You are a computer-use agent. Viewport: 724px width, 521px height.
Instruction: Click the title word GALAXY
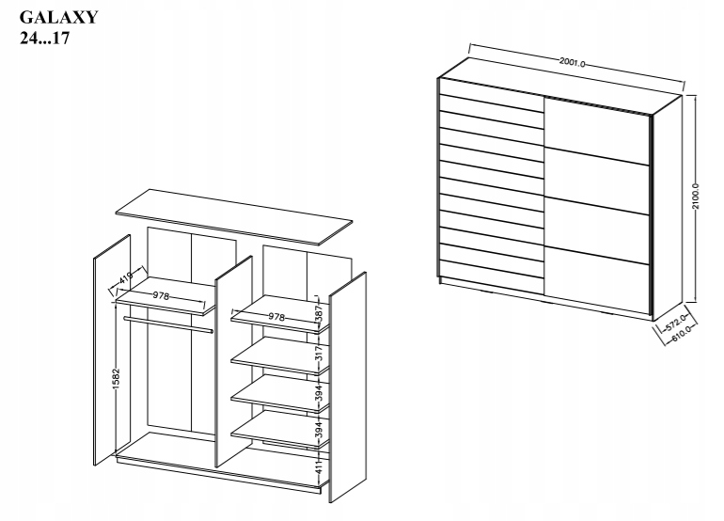point(58,17)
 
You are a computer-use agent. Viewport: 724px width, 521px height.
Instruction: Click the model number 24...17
point(44,38)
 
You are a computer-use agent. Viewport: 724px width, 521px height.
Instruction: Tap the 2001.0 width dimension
point(572,62)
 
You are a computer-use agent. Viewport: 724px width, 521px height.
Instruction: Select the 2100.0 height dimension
point(696,197)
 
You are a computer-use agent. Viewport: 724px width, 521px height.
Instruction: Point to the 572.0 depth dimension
point(676,323)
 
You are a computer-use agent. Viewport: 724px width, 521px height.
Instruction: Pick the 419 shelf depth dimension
point(126,278)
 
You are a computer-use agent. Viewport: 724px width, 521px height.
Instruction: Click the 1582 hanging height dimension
point(116,379)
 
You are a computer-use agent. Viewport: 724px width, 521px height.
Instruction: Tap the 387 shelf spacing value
point(319,314)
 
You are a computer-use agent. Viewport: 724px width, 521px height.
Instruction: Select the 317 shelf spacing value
point(319,354)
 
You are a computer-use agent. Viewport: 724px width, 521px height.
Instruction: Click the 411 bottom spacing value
point(319,468)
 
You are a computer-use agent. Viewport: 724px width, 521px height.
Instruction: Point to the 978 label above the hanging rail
point(161,295)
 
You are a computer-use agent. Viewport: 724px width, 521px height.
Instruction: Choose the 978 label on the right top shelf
point(276,317)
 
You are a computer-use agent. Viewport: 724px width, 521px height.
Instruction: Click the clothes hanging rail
point(168,324)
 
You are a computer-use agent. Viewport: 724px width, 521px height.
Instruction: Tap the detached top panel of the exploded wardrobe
point(234,217)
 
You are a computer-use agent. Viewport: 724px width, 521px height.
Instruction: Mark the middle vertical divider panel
point(233,361)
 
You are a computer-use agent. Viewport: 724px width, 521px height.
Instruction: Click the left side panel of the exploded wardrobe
point(112,350)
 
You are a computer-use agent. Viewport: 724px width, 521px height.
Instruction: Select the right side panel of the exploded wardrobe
point(347,387)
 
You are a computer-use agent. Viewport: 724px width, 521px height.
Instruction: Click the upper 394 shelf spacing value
point(319,392)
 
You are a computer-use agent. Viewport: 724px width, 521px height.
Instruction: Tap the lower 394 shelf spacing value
point(319,429)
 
